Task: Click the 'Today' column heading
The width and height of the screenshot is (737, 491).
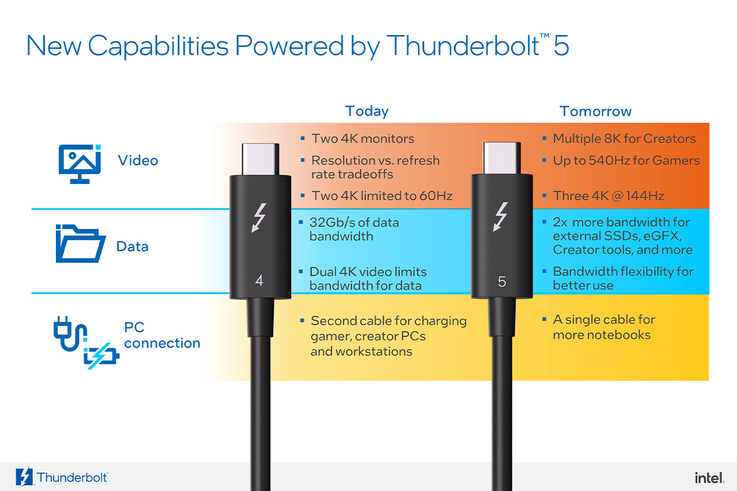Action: pos(366,111)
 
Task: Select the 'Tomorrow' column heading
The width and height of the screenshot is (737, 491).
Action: pos(595,111)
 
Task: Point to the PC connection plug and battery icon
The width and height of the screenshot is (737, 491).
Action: pos(85,343)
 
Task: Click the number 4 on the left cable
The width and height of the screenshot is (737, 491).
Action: pos(259,281)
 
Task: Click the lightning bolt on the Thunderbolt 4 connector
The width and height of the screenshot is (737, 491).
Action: pos(259,218)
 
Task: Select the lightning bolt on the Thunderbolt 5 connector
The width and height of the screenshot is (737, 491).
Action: pos(501,217)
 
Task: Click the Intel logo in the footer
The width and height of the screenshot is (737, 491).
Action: pos(709,478)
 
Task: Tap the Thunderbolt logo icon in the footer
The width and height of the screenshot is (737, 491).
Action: pos(25,477)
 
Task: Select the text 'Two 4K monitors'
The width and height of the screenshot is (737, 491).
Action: pos(362,139)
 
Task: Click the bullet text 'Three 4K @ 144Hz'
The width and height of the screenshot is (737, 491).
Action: pos(608,196)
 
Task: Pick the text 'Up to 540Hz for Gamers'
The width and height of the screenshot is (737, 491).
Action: pos(626,160)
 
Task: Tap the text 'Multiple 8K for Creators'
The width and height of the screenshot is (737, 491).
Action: pos(624,139)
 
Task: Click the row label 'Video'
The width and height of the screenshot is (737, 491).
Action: pos(137,160)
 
